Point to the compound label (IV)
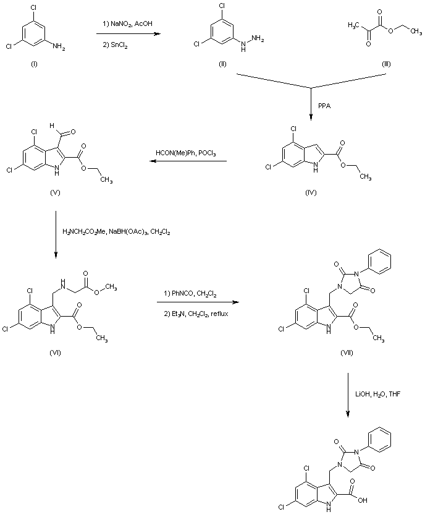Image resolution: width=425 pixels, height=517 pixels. coord(311,193)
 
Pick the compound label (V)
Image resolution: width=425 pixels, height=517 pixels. coord(56,193)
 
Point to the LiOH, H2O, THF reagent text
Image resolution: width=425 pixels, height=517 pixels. coord(377,393)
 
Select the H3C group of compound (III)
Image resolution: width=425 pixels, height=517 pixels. coord(354,25)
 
